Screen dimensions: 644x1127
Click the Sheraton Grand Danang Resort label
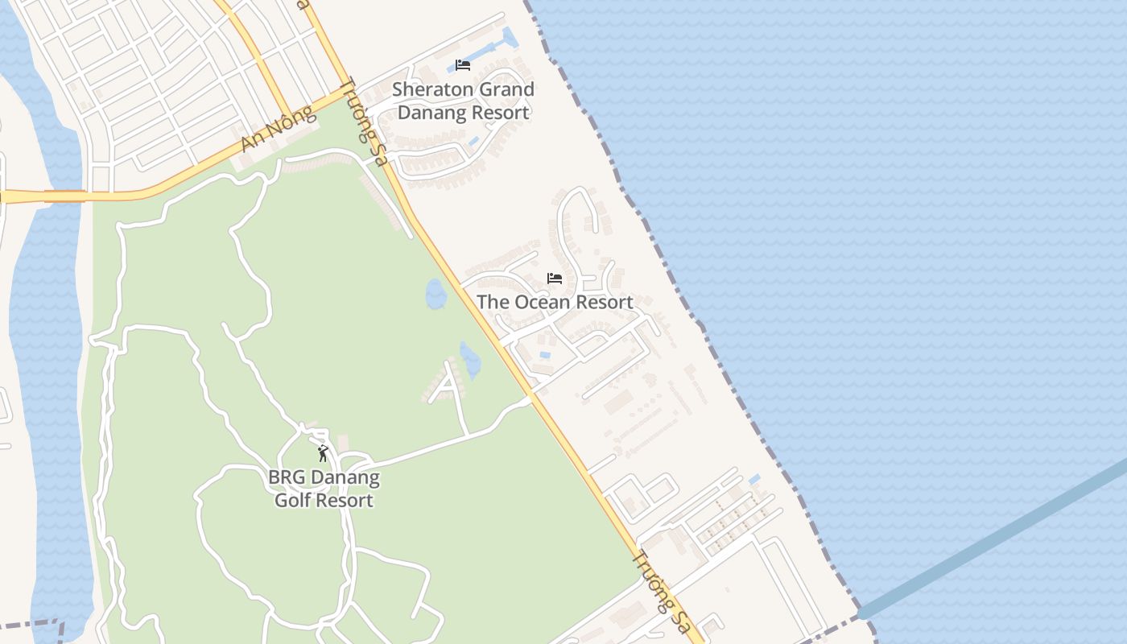464,101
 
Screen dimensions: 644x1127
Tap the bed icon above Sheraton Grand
463,65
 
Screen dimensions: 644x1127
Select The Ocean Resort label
555,302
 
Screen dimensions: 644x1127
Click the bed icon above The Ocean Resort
555,279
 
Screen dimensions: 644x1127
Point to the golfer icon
323,453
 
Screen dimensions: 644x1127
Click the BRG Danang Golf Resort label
324,489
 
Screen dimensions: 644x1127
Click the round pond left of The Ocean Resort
436,294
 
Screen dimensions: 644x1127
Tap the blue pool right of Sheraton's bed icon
508,38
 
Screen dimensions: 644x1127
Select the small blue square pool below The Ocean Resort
545,355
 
